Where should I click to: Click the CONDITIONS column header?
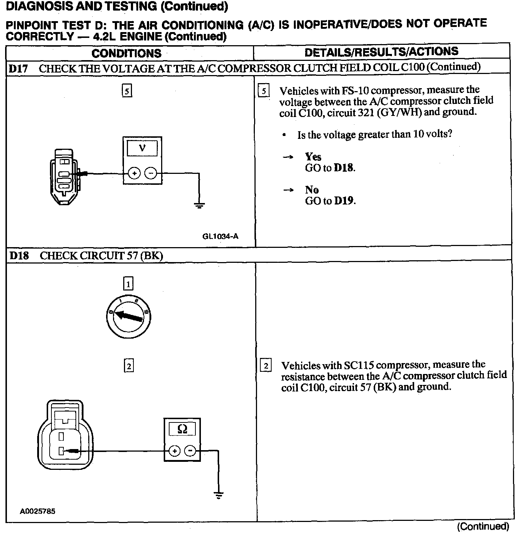coord(127,54)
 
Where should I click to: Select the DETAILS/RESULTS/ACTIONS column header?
coord(381,52)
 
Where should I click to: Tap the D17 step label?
coord(19,69)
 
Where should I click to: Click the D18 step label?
coord(19,256)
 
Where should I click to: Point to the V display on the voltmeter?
coord(142,148)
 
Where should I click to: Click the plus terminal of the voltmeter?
coord(134,174)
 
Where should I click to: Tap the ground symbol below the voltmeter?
coord(199,206)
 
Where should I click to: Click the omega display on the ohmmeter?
coord(182,429)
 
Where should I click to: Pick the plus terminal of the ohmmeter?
coord(175,451)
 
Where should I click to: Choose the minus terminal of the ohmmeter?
coord(190,451)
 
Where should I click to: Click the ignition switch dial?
coord(129,316)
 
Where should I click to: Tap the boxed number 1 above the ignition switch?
coord(128,284)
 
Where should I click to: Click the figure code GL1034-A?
coord(220,236)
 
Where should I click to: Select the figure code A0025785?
coord(38,511)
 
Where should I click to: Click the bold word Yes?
coord(313,157)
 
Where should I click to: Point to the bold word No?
coord(312,190)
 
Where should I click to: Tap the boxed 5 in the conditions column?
coord(127,91)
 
